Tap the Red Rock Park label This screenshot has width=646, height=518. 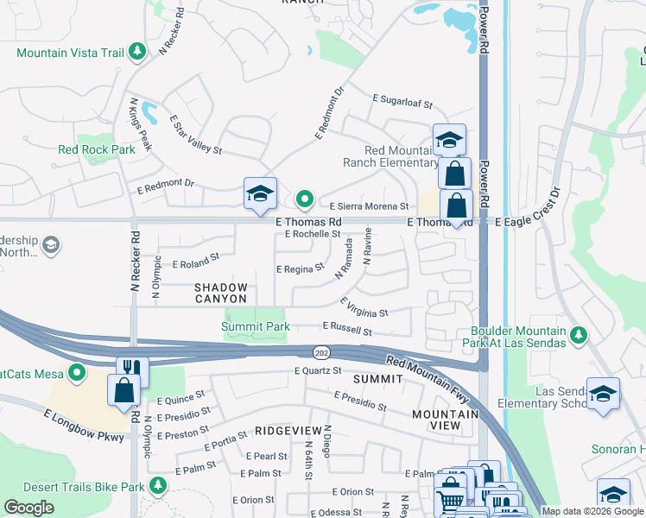tap(97, 149)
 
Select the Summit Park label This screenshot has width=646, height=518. tap(255, 326)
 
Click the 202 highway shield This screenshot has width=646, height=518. tap(320, 352)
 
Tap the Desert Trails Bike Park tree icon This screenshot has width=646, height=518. tap(157, 487)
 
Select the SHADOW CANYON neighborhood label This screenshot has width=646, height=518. tap(220, 293)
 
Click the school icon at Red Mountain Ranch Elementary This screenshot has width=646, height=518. tap(449, 139)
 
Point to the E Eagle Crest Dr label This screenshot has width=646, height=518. tap(540, 222)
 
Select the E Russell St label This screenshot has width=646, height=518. tap(346, 329)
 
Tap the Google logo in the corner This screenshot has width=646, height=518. tap(28, 508)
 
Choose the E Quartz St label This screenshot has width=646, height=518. tap(318, 371)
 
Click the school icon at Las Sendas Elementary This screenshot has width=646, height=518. tap(603, 394)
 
